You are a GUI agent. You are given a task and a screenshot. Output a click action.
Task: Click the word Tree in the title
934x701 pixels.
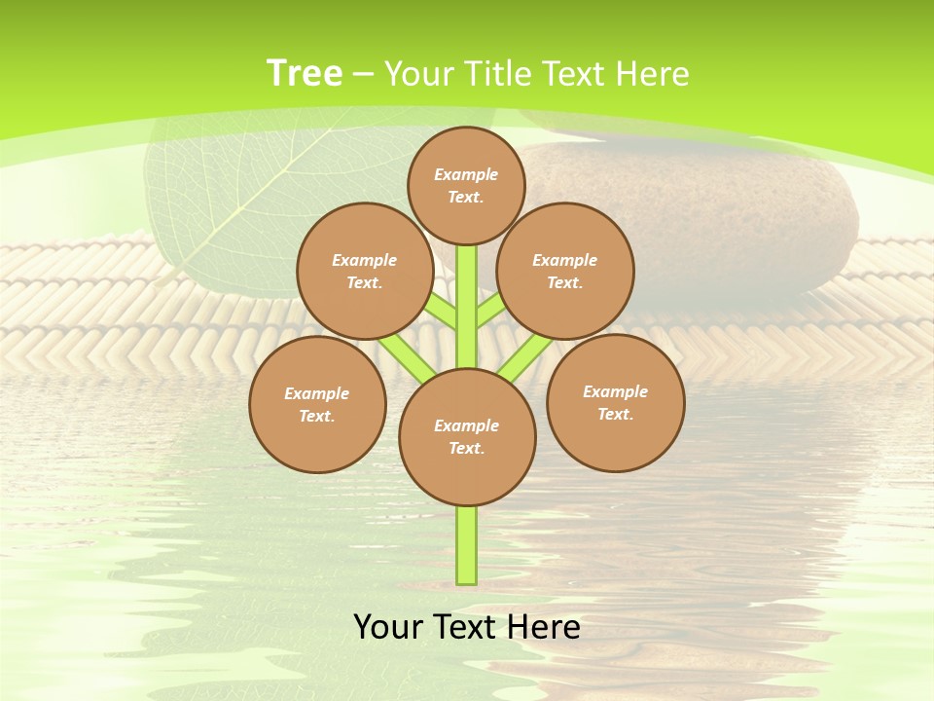pyautogui.click(x=305, y=74)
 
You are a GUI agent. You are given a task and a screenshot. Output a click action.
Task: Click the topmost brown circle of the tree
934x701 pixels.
pyautogui.click(x=466, y=185)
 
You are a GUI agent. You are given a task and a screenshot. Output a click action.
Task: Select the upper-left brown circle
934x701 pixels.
pyautogui.click(x=365, y=271)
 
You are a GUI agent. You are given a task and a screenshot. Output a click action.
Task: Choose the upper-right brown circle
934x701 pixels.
pyautogui.click(x=565, y=271)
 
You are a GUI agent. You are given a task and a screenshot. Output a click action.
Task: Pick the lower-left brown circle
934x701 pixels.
pyautogui.click(x=317, y=404)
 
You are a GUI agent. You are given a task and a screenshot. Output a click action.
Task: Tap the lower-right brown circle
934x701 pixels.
pyautogui.click(x=615, y=402)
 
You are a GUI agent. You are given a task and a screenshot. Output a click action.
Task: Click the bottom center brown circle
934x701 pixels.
pyautogui.click(x=467, y=437)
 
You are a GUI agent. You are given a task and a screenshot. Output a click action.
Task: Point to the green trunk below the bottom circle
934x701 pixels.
pyautogui.click(x=467, y=545)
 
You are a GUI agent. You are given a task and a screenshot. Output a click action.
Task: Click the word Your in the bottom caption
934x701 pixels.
pyautogui.click(x=388, y=627)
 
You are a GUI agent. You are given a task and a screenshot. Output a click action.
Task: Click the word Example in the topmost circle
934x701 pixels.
pyautogui.click(x=466, y=174)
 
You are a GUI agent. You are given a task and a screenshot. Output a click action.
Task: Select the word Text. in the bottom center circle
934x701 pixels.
pyautogui.click(x=466, y=449)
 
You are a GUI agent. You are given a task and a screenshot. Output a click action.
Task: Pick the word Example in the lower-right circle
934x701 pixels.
pyautogui.click(x=615, y=391)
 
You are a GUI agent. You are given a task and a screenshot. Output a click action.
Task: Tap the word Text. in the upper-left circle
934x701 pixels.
pyautogui.click(x=365, y=283)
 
